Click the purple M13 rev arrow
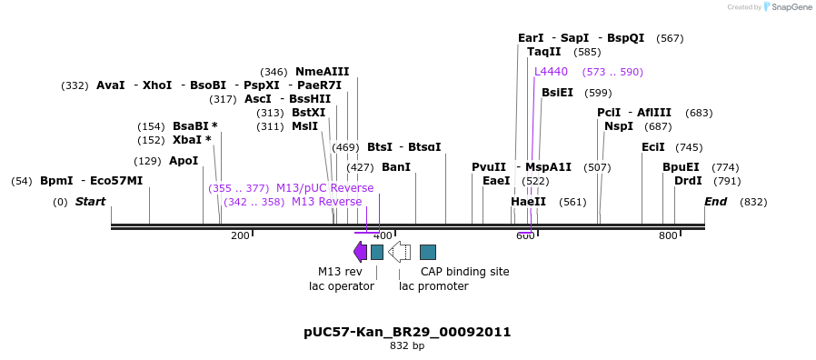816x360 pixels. (x=360, y=252)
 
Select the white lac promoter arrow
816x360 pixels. (x=399, y=252)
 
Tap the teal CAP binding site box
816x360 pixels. (x=428, y=252)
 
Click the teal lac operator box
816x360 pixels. (x=377, y=252)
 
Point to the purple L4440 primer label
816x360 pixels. (x=551, y=72)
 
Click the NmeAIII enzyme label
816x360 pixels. (x=322, y=72)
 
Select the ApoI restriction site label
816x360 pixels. (x=184, y=161)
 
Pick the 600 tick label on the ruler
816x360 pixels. (x=525, y=236)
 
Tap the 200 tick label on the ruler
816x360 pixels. (x=240, y=236)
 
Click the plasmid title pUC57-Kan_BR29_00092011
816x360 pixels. (x=407, y=332)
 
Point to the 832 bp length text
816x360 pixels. (x=407, y=346)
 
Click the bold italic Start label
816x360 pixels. (x=90, y=202)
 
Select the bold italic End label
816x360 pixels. (x=715, y=202)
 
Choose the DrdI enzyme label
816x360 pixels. (x=688, y=181)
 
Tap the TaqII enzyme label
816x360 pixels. (x=544, y=52)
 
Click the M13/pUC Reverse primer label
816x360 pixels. (x=324, y=188)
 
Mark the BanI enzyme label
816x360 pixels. (x=396, y=167)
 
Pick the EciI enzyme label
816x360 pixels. (x=653, y=147)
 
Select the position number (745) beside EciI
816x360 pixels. (x=689, y=147)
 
